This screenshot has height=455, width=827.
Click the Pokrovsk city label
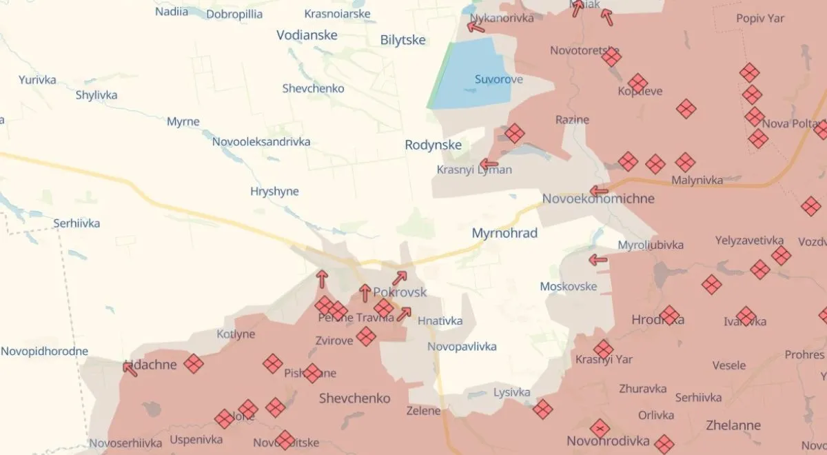click(x=400, y=292)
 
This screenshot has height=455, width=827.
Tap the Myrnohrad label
click(x=504, y=234)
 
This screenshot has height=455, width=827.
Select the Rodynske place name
click(x=433, y=145)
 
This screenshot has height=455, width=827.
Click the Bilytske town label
click(x=403, y=40)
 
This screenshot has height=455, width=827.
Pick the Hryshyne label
click(x=274, y=191)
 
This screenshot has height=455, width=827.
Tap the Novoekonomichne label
click(x=598, y=199)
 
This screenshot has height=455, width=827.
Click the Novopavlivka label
click(x=462, y=347)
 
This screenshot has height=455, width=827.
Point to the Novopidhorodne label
click(x=44, y=352)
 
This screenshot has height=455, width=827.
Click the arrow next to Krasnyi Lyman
click(x=489, y=165)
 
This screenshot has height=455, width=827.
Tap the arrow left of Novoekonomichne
click(x=599, y=191)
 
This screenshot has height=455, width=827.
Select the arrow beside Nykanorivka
click(x=476, y=27)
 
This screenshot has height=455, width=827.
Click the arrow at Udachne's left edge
click(x=130, y=368)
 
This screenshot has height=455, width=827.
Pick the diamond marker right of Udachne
click(x=194, y=363)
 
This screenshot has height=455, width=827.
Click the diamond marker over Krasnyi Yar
click(x=603, y=350)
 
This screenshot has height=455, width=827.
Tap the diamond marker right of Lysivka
click(x=542, y=409)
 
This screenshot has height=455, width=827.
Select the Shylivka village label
click(x=96, y=95)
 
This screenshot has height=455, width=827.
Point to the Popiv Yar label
click(x=761, y=19)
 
